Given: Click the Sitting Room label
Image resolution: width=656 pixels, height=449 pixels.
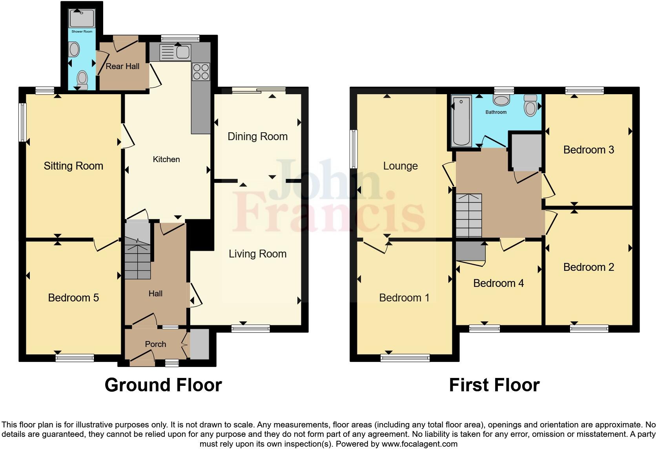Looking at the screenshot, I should pos(73,166).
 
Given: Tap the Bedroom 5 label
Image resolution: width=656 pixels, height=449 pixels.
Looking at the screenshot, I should pos(73,298).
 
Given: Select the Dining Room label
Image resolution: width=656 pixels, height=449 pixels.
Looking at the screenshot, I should pos(257,137).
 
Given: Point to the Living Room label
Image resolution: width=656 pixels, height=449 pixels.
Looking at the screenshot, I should pos(257,254).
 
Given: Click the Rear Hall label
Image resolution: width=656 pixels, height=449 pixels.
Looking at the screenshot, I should pos(122,66).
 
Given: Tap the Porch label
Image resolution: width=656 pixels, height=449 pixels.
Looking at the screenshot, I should pos(155,344).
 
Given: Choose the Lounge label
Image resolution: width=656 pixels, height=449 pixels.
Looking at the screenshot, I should pos(400,166).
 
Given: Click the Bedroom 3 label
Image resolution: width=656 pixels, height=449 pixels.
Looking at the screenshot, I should pos(589,150).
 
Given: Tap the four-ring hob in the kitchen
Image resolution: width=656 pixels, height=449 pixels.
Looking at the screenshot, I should pos(200,72).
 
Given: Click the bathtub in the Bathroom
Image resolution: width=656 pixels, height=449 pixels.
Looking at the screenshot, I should pos(461,120).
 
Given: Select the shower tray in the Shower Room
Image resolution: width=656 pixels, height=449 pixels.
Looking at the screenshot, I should pos(82,18).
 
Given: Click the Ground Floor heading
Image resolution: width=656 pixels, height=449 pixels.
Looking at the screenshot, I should pos(163,385).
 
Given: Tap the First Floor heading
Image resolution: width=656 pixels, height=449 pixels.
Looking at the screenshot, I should pos(494,385).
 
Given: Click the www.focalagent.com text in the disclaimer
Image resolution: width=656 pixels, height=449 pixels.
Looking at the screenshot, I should pos(419,444).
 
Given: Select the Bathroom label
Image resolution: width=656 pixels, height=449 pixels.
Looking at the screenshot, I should pos(496,112).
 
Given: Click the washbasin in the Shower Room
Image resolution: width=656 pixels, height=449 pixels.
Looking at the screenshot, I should pos(73,50).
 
